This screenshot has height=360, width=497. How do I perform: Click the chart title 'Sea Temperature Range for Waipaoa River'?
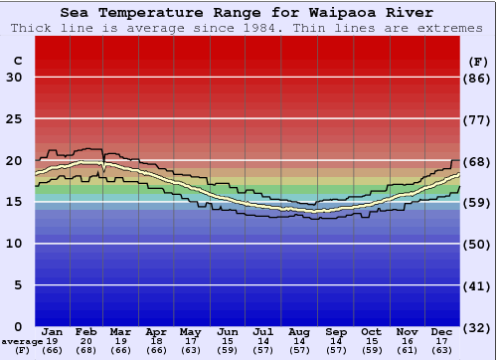[x=247, y=13]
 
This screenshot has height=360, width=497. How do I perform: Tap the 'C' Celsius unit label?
[x=17, y=61]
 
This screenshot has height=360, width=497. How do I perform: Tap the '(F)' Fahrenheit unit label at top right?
[x=478, y=61]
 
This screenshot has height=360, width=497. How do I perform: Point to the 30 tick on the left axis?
[x=14, y=78]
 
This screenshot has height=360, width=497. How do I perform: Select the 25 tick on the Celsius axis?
[x=14, y=119]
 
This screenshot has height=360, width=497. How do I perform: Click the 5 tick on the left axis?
[x=18, y=284]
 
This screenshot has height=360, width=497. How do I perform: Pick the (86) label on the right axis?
[x=478, y=78]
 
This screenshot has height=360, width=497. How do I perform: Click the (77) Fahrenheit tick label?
[x=478, y=119]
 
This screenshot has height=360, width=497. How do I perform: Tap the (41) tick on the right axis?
[x=478, y=284]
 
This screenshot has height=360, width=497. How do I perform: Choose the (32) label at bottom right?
[x=478, y=326]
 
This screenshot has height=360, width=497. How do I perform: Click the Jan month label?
[x=53, y=331]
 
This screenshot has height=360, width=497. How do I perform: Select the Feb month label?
[x=87, y=331]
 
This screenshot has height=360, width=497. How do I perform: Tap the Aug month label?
[x=299, y=331]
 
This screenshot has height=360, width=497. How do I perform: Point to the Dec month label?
[x=442, y=331]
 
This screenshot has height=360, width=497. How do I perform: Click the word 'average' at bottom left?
[x=22, y=341]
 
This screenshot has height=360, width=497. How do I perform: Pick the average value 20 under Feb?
[x=87, y=341]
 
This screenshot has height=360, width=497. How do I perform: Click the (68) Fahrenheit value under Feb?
[x=87, y=350]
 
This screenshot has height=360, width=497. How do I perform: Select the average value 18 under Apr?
[x=157, y=341]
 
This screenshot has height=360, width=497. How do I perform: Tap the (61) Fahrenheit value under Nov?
[x=407, y=350]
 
